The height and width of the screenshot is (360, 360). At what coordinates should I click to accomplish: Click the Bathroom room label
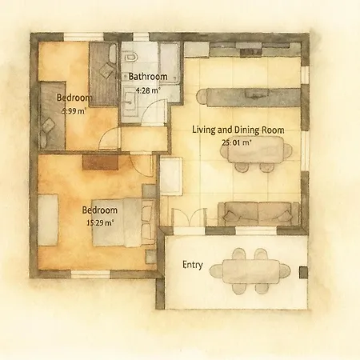point(148,77)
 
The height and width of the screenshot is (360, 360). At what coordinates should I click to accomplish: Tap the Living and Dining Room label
point(238,130)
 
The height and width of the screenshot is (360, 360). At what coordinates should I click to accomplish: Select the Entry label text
point(193,265)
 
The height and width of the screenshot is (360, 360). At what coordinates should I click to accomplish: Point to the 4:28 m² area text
point(148,90)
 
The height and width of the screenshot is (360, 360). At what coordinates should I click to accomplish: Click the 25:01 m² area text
point(237,142)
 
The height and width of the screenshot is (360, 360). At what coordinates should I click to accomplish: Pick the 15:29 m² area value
point(100,222)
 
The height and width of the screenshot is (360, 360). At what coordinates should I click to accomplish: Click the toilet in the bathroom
point(130,57)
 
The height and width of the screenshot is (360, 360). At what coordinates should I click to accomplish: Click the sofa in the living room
point(258,214)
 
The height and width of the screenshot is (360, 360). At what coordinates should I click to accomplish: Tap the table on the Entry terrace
point(250,271)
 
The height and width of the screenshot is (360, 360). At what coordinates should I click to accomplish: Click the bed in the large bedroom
point(124,222)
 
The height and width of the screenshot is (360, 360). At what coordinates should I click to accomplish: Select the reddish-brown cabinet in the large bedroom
point(100,162)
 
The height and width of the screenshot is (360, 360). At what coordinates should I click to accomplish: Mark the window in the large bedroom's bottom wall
point(90,274)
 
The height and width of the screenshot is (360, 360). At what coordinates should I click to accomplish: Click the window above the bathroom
point(141,37)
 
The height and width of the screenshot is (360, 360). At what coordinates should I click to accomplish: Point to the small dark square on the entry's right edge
point(303,272)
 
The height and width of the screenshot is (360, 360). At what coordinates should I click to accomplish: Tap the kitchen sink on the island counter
point(257,94)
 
